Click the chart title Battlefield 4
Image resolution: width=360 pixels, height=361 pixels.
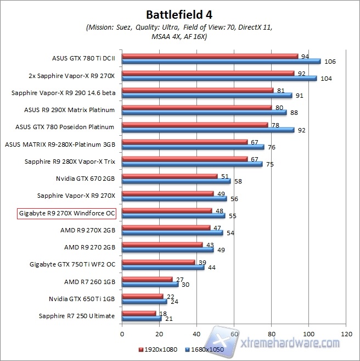pyautogui.click(x=179, y=13)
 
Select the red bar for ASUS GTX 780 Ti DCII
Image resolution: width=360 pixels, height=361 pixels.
pyautogui.click(x=210, y=56)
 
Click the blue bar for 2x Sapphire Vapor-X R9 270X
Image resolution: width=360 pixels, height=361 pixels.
pyautogui.click(x=219, y=79)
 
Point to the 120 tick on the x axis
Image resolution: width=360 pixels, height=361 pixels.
pyautogui.click(x=346, y=333)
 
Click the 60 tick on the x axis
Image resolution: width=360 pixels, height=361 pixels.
pyautogui.click(x=234, y=333)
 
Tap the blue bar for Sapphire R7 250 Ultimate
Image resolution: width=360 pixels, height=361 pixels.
pyautogui.click(x=141, y=319)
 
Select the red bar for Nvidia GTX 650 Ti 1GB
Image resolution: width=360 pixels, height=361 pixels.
pyautogui.click(x=142, y=296)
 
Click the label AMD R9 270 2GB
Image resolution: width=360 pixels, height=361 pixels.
pyautogui.click(x=89, y=247)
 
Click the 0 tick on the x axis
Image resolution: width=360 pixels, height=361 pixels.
pyautogui.click(x=122, y=333)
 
